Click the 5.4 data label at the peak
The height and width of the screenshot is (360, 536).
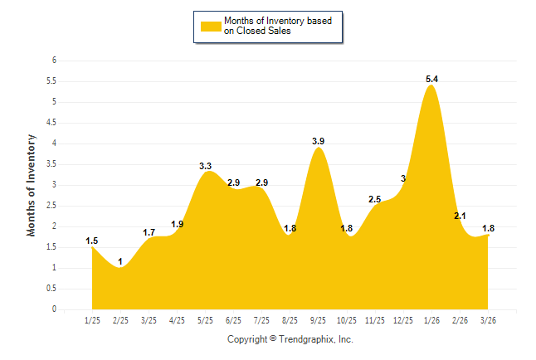(x=431, y=79)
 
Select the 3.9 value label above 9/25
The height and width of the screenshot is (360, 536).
(x=318, y=142)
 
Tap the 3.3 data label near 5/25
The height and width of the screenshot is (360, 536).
(x=206, y=166)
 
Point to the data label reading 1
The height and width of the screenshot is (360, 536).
(x=120, y=262)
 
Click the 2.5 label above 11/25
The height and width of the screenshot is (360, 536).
(x=374, y=199)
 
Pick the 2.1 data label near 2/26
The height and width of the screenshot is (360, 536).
(x=460, y=216)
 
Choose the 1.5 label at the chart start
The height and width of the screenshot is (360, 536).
(x=91, y=241)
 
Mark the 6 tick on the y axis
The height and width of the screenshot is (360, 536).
(x=54, y=61)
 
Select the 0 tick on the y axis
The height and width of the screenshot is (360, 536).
(x=54, y=309)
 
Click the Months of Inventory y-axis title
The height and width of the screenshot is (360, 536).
(x=32, y=185)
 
